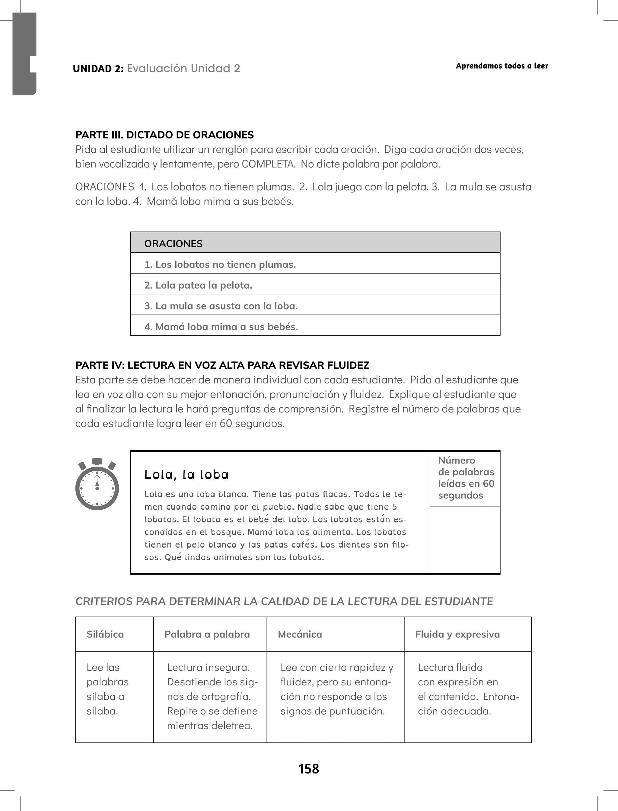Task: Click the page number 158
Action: pyautogui.click(x=308, y=768)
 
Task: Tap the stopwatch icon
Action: pyautogui.click(x=97, y=485)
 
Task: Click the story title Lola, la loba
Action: pyautogui.click(x=186, y=475)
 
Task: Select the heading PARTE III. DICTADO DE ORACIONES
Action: pyautogui.click(x=164, y=135)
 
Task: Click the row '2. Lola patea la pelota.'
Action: pyautogui.click(x=315, y=285)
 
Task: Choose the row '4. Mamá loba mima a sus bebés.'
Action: pyautogui.click(x=315, y=326)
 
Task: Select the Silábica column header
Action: pyautogui.click(x=105, y=634)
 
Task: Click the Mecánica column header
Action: pyautogui.click(x=300, y=634)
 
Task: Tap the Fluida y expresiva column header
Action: pyautogui.click(x=457, y=634)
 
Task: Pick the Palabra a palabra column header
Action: pyautogui.click(x=207, y=634)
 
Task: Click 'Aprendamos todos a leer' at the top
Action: pyautogui.click(x=502, y=66)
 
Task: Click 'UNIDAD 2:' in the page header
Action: pyautogui.click(x=98, y=69)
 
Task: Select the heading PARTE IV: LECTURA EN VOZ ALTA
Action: pyautogui.click(x=222, y=365)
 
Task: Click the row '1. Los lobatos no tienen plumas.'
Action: pyautogui.click(x=315, y=264)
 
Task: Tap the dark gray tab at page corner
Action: pyautogui.click(x=24, y=53)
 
